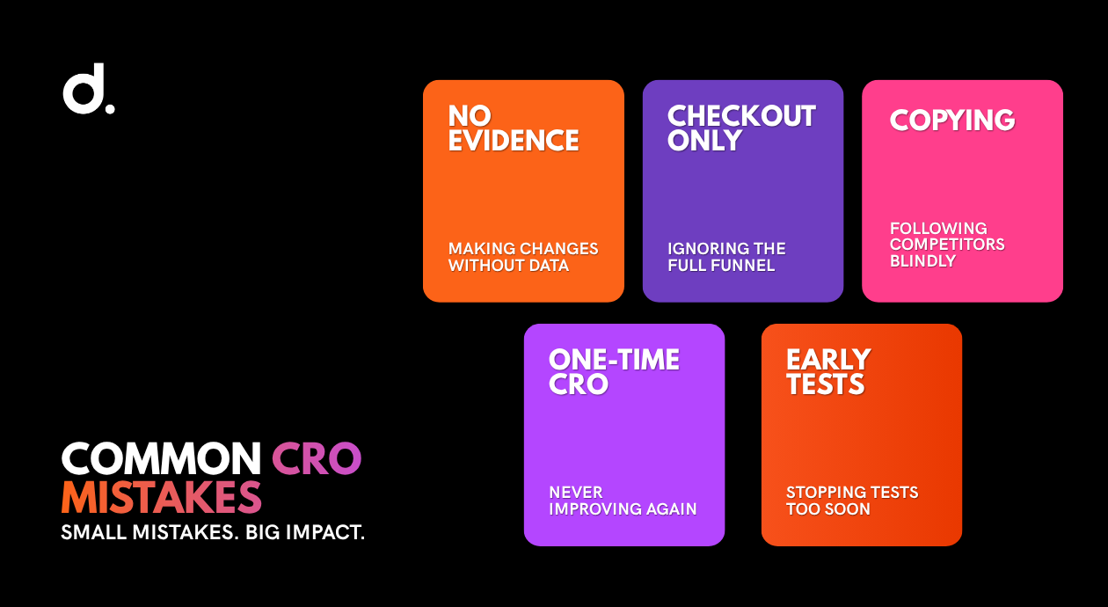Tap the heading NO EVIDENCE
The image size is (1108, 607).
(x=514, y=128)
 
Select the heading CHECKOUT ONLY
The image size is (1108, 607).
(x=741, y=128)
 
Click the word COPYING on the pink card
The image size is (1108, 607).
(x=952, y=120)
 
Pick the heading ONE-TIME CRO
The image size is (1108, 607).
(x=614, y=372)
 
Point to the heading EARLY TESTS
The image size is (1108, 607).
(x=828, y=372)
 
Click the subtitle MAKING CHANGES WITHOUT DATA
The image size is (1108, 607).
(x=523, y=257)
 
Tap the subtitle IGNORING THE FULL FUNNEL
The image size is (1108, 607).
(x=726, y=257)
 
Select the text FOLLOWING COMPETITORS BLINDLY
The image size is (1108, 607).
(x=947, y=245)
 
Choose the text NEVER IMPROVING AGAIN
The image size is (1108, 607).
(x=623, y=501)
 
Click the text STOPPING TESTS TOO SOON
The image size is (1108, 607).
(x=852, y=501)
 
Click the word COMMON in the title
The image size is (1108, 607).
(x=161, y=458)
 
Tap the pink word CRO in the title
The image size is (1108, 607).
(x=317, y=458)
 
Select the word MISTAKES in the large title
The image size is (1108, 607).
(x=161, y=497)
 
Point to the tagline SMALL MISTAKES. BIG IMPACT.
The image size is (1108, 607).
(x=213, y=532)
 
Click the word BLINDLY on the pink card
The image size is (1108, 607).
(x=923, y=260)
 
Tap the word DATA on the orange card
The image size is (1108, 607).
(x=549, y=265)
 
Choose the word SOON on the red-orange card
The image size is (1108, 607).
(x=846, y=508)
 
